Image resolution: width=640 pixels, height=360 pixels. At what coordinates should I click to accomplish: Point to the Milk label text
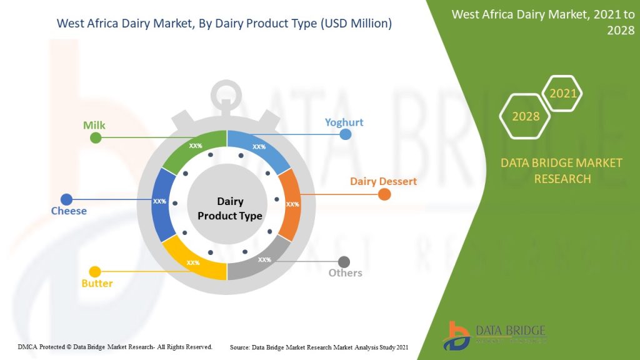click(94, 125)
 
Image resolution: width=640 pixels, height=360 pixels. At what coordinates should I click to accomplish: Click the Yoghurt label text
click(344, 122)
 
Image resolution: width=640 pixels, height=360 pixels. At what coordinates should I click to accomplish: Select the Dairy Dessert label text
click(383, 181)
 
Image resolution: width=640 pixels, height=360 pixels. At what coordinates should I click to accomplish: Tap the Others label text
click(346, 273)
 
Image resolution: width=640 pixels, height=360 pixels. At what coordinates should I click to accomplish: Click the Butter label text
click(97, 283)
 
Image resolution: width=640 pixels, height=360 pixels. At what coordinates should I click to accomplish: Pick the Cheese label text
click(69, 211)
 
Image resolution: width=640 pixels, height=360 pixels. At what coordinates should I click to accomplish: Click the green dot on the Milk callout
click(96, 137)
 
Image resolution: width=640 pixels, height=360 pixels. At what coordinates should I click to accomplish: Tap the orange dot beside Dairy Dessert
click(384, 194)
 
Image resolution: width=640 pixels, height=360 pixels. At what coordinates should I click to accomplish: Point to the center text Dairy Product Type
click(229, 209)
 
